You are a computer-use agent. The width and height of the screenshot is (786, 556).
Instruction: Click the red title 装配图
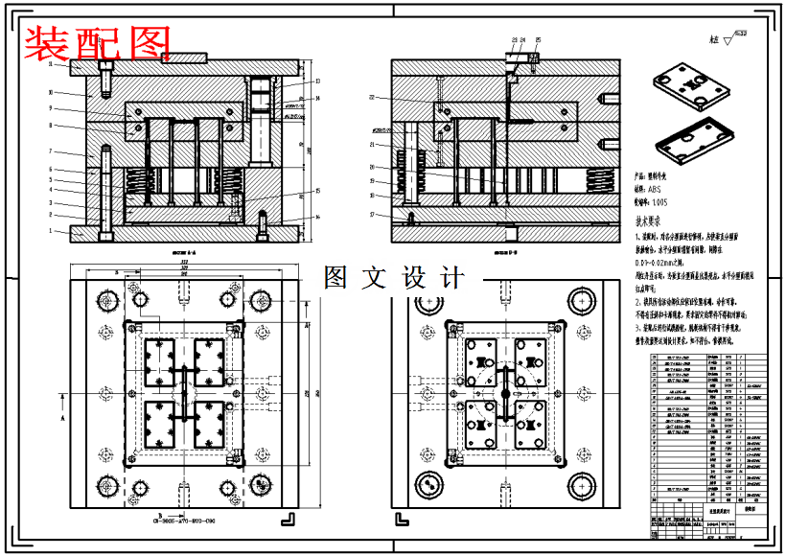(97, 42)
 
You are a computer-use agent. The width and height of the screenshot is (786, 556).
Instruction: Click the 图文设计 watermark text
(394, 278)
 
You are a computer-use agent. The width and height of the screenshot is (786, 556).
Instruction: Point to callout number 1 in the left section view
(51, 230)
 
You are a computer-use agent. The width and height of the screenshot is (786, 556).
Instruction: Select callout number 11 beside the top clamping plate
(51, 64)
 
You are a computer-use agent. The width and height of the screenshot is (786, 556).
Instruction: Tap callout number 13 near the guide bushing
(316, 81)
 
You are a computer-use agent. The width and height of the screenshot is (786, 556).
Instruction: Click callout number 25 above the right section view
(538, 39)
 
